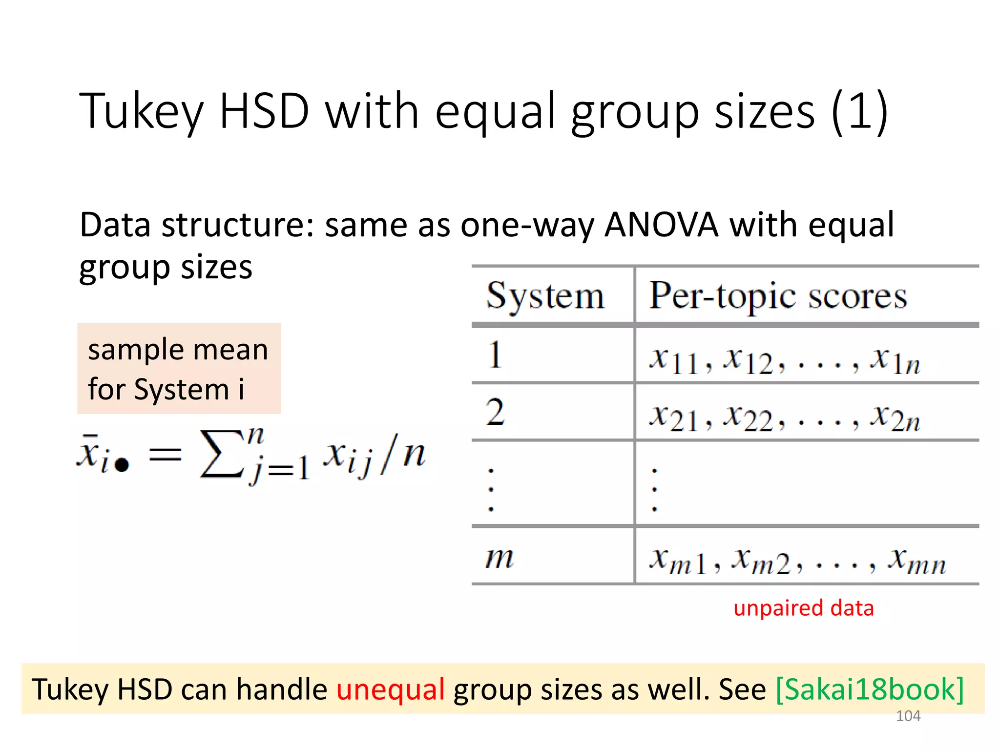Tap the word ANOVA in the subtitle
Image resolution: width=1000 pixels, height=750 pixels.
(661, 225)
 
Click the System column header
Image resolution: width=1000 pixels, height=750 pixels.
(545, 296)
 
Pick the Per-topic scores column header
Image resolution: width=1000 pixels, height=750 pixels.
(778, 296)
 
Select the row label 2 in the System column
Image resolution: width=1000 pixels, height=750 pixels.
(495, 412)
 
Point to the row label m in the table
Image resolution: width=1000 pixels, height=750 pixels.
(499, 557)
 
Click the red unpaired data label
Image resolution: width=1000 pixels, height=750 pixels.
(803, 608)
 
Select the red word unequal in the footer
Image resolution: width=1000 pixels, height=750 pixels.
(390, 689)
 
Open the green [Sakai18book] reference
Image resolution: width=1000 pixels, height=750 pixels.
(870, 689)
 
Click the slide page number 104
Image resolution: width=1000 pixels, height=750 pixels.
(908, 716)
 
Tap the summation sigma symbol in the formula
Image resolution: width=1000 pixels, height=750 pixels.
(221, 454)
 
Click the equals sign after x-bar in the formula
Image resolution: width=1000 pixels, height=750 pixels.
(165, 455)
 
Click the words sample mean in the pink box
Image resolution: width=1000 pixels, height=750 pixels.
(178, 350)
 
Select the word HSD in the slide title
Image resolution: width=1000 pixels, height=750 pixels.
(264, 111)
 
